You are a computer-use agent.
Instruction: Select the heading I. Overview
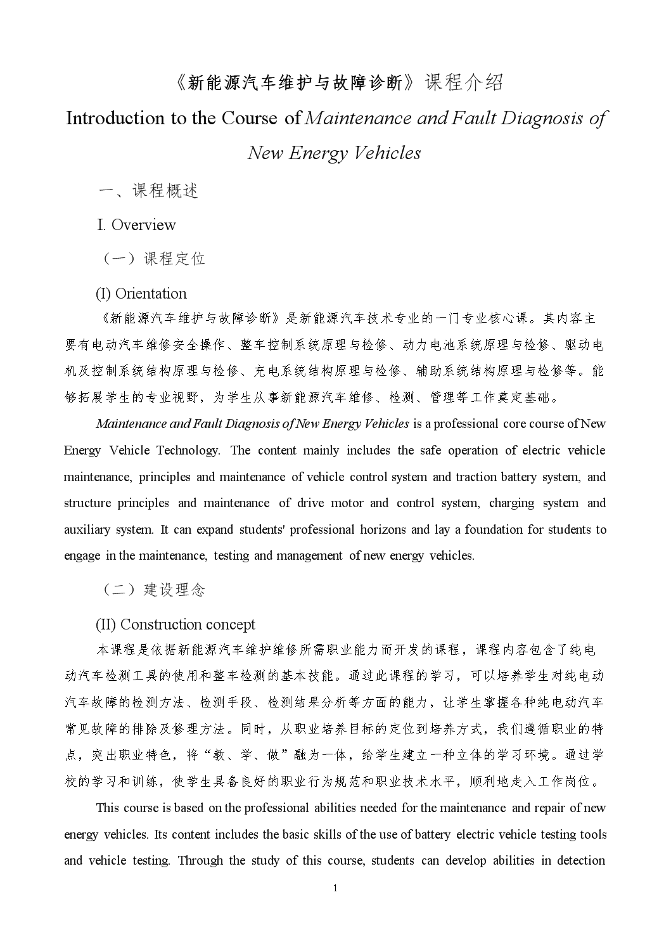pyautogui.click(x=136, y=225)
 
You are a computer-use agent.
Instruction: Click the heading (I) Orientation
pyautogui.click(x=141, y=294)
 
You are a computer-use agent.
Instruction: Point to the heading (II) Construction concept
pyautogui.click(x=176, y=624)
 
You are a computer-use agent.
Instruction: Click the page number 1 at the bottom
pyautogui.click(x=335, y=888)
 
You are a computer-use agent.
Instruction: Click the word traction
pyautogui.click(x=476, y=477)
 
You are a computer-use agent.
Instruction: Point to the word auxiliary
pyautogui.click(x=87, y=529)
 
